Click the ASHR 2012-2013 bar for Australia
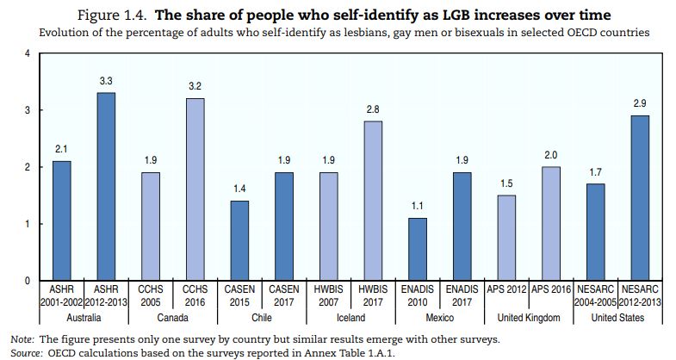tap(106, 186)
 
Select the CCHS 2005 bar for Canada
tap(151, 226)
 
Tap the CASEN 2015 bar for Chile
tap(239, 240)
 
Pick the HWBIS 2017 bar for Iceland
tap(373, 201)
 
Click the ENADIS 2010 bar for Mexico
tap(417, 249)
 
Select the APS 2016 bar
tap(550, 223)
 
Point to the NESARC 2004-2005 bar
tap(594, 232)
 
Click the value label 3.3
tap(106, 81)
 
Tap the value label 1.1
tap(417, 207)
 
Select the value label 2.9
tap(639, 104)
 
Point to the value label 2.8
tap(373, 110)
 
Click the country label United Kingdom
tap(528, 318)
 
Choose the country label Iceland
tap(350, 318)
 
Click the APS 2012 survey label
tap(506, 291)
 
